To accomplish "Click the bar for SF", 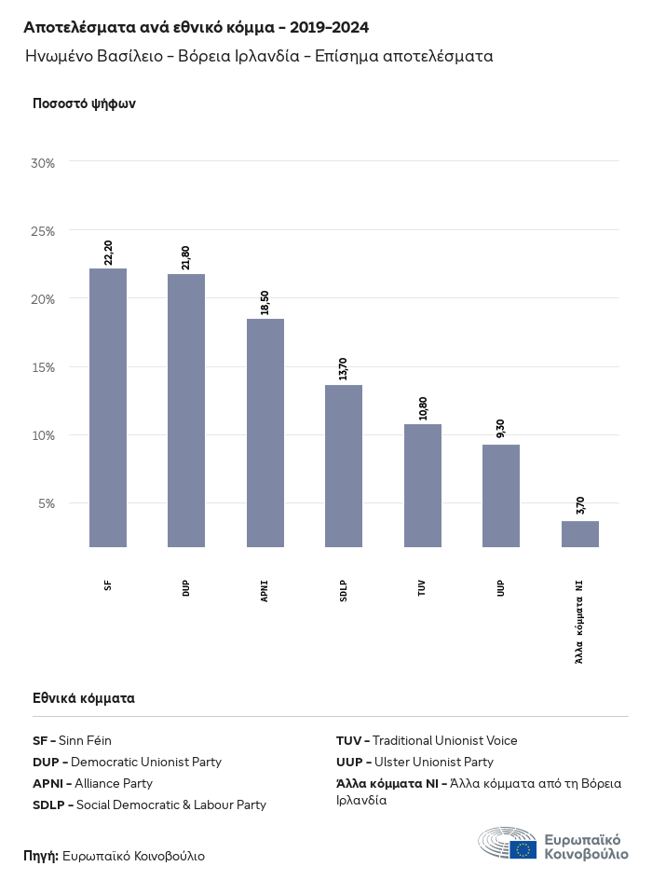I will (x=108, y=407).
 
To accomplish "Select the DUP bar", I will (x=186, y=410).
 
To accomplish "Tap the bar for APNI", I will (x=265, y=433).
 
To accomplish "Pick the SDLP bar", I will (x=344, y=465).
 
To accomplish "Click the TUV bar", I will (x=423, y=485).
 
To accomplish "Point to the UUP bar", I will (x=501, y=495).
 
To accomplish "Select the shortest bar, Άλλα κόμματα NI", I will (x=580, y=534).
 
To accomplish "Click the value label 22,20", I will (x=109, y=253).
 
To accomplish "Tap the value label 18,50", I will (x=265, y=303).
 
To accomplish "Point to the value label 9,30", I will (x=501, y=429).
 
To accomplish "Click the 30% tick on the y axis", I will (x=44, y=163).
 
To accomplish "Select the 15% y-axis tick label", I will (x=44, y=367).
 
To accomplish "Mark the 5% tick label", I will (x=47, y=503).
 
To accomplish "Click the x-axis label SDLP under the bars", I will (x=344, y=590).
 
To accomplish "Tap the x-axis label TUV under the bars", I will (x=423, y=587).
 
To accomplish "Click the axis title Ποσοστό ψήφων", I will (x=85, y=103).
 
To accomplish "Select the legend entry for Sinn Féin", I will (x=73, y=741).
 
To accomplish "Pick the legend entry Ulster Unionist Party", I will (x=414, y=763).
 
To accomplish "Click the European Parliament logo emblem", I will (x=508, y=843).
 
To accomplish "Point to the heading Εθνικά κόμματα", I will (x=84, y=698).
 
